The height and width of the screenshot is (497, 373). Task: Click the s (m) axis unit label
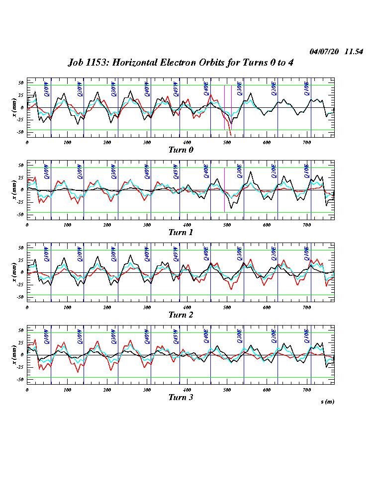click(327, 402)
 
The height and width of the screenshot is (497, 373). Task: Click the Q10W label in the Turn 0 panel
click(46, 88)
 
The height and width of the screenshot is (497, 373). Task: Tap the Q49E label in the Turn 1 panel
click(206, 171)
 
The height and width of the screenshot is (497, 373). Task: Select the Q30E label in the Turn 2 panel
click(239, 253)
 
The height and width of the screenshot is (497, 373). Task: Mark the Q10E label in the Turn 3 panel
click(307, 336)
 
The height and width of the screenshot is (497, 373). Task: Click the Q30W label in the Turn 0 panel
click(113, 88)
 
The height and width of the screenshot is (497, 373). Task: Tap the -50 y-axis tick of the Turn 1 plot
click(20, 215)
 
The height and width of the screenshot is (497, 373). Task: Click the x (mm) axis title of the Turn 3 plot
click(14, 354)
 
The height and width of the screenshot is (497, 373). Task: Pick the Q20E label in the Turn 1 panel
click(273, 171)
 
